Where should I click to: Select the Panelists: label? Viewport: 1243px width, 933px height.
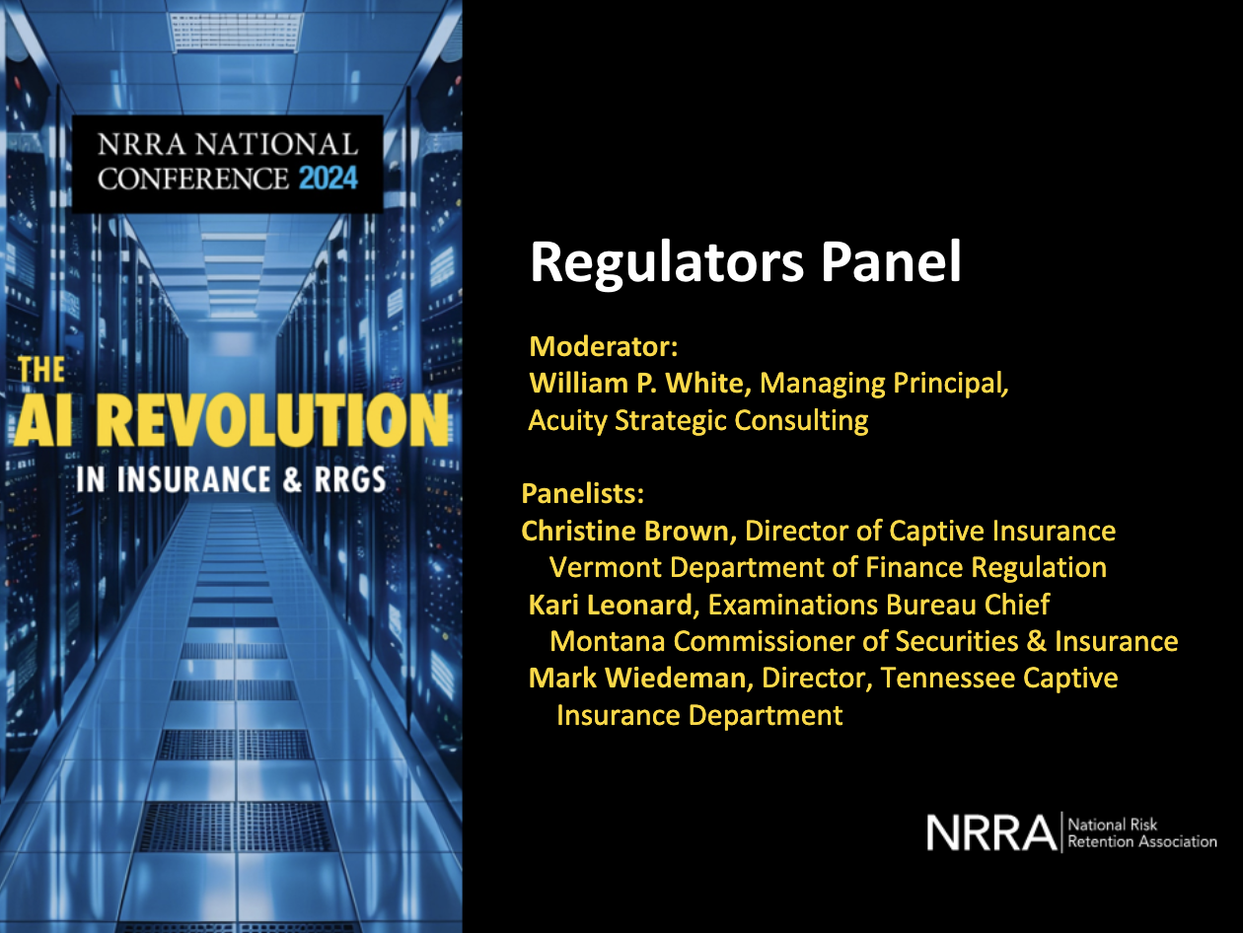pos(582,493)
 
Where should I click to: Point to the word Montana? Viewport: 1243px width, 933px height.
pos(608,641)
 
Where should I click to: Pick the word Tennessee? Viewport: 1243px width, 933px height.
pos(949,679)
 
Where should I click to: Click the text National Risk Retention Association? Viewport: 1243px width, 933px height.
pos(1142,833)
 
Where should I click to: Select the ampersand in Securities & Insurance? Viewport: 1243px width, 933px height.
pos(1036,641)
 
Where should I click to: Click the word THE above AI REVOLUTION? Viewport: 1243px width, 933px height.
pos(41,371)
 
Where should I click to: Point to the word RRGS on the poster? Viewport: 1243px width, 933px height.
pos(345,480)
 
